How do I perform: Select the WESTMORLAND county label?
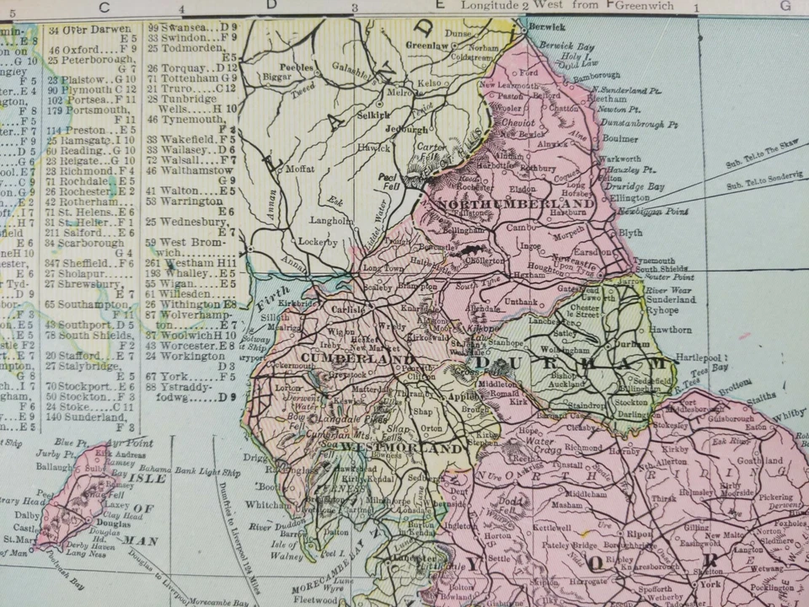[x=404, y=449]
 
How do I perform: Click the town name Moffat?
[x=300, y=169]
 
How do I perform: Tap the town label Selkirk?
[x=372, y=113]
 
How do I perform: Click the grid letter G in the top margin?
[x=785, y=6]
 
